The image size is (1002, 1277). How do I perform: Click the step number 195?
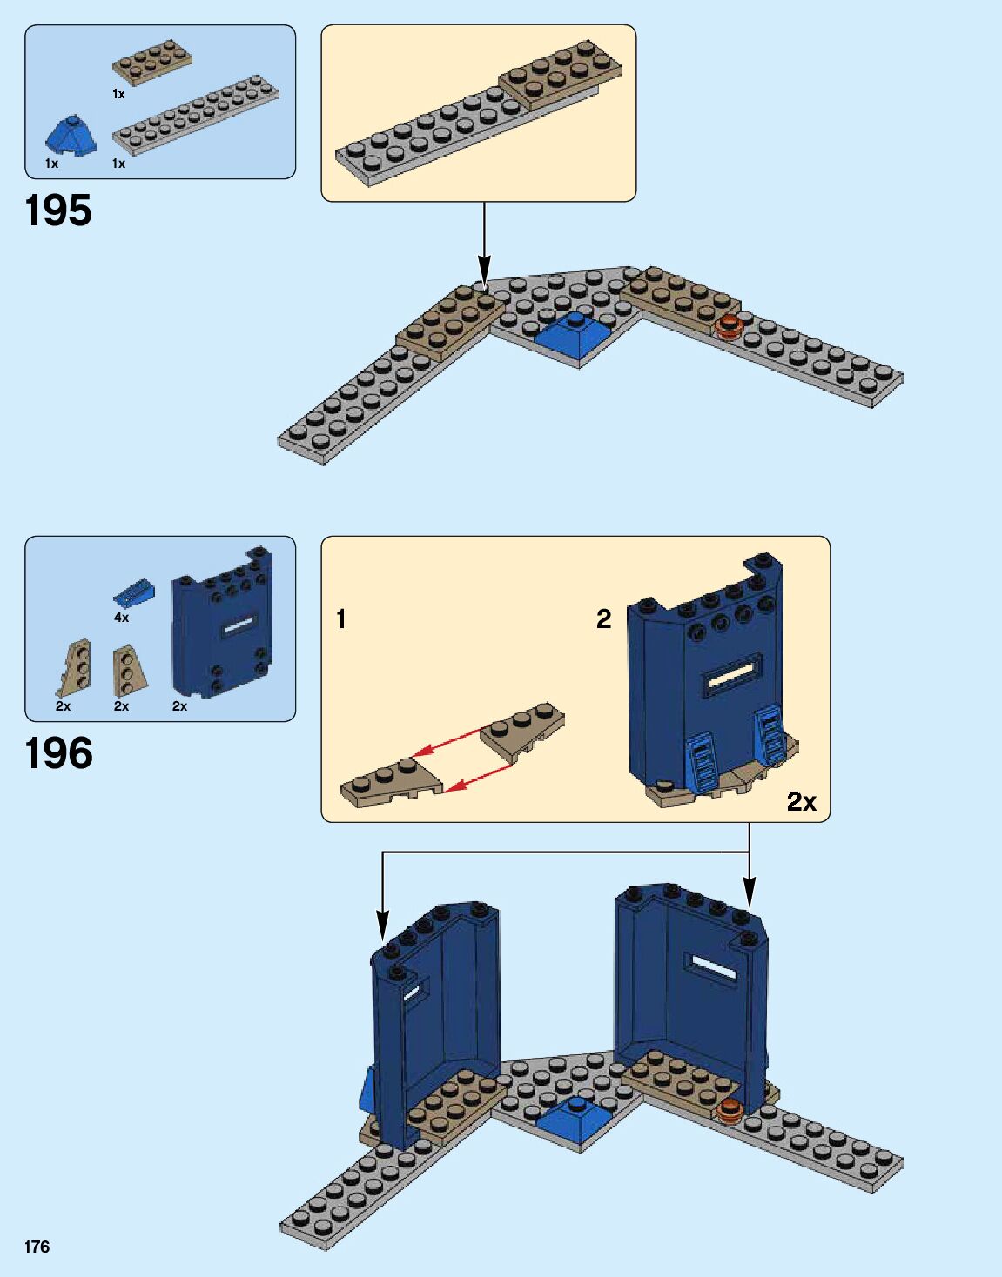[x=58, y=211]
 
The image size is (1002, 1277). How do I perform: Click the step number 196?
[x=58, y=754]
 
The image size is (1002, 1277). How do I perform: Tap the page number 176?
[x=37, y=1247]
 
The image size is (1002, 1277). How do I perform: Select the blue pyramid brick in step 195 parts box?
[x=71, y=137]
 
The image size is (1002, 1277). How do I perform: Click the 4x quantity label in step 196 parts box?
[x=121, y=618]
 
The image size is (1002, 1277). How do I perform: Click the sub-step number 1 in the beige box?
[x=341, y=619]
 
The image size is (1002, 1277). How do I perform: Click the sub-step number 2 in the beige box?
[x=603, y=619]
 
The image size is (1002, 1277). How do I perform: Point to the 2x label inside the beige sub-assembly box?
[x=802, y=802]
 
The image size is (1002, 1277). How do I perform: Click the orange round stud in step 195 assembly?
[x=727, y=327]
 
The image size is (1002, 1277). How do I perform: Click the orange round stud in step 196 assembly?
[x=729, y=1107]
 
